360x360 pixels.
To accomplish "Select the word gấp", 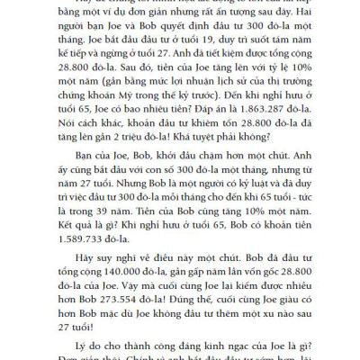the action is pos(192,276).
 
